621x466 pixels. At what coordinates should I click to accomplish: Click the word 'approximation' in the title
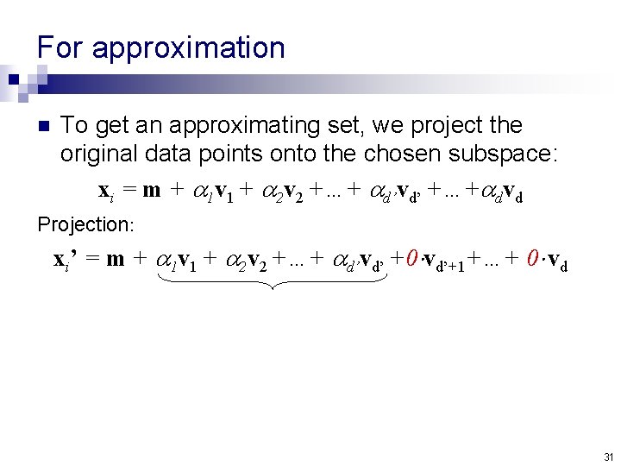(x=188, y=48)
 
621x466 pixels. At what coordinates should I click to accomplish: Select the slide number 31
(x=608, y=457)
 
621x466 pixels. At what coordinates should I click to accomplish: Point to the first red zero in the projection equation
(x=413, y=258)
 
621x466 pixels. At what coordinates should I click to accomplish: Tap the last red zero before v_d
(x=533, y=258)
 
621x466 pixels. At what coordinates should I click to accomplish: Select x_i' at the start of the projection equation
(x=66, y=259)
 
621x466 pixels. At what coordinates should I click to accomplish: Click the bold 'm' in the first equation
(x=152, y=190)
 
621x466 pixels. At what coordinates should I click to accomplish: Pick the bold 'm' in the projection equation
(x=115, y=259)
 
